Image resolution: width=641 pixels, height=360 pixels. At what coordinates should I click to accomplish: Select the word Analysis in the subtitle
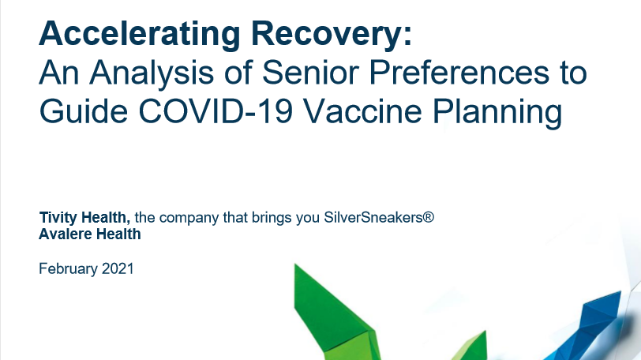click(x=152, y=73)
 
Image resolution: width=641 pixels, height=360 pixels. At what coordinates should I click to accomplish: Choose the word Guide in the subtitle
click(x=84, y=111)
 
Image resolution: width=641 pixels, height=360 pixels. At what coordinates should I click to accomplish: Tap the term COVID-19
click(x=216, y=111)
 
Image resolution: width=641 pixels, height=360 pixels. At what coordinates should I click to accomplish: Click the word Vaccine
click(x=362, y=111)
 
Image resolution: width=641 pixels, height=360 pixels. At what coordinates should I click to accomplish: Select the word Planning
click(x=497, y=112)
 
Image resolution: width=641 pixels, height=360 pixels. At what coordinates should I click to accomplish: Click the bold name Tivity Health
click(x=84, y=217)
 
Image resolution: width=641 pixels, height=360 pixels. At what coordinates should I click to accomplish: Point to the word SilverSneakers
click(x=373, y=217)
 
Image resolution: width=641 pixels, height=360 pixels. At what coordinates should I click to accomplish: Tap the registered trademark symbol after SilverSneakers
click(x=429, y=216)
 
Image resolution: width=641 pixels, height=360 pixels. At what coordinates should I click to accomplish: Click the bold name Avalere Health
click(x=90, y=234)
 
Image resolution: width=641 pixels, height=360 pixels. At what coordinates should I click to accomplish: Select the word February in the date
click(x=68, y=269)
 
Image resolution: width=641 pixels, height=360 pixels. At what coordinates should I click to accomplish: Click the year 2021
click(x=118, y=269)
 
